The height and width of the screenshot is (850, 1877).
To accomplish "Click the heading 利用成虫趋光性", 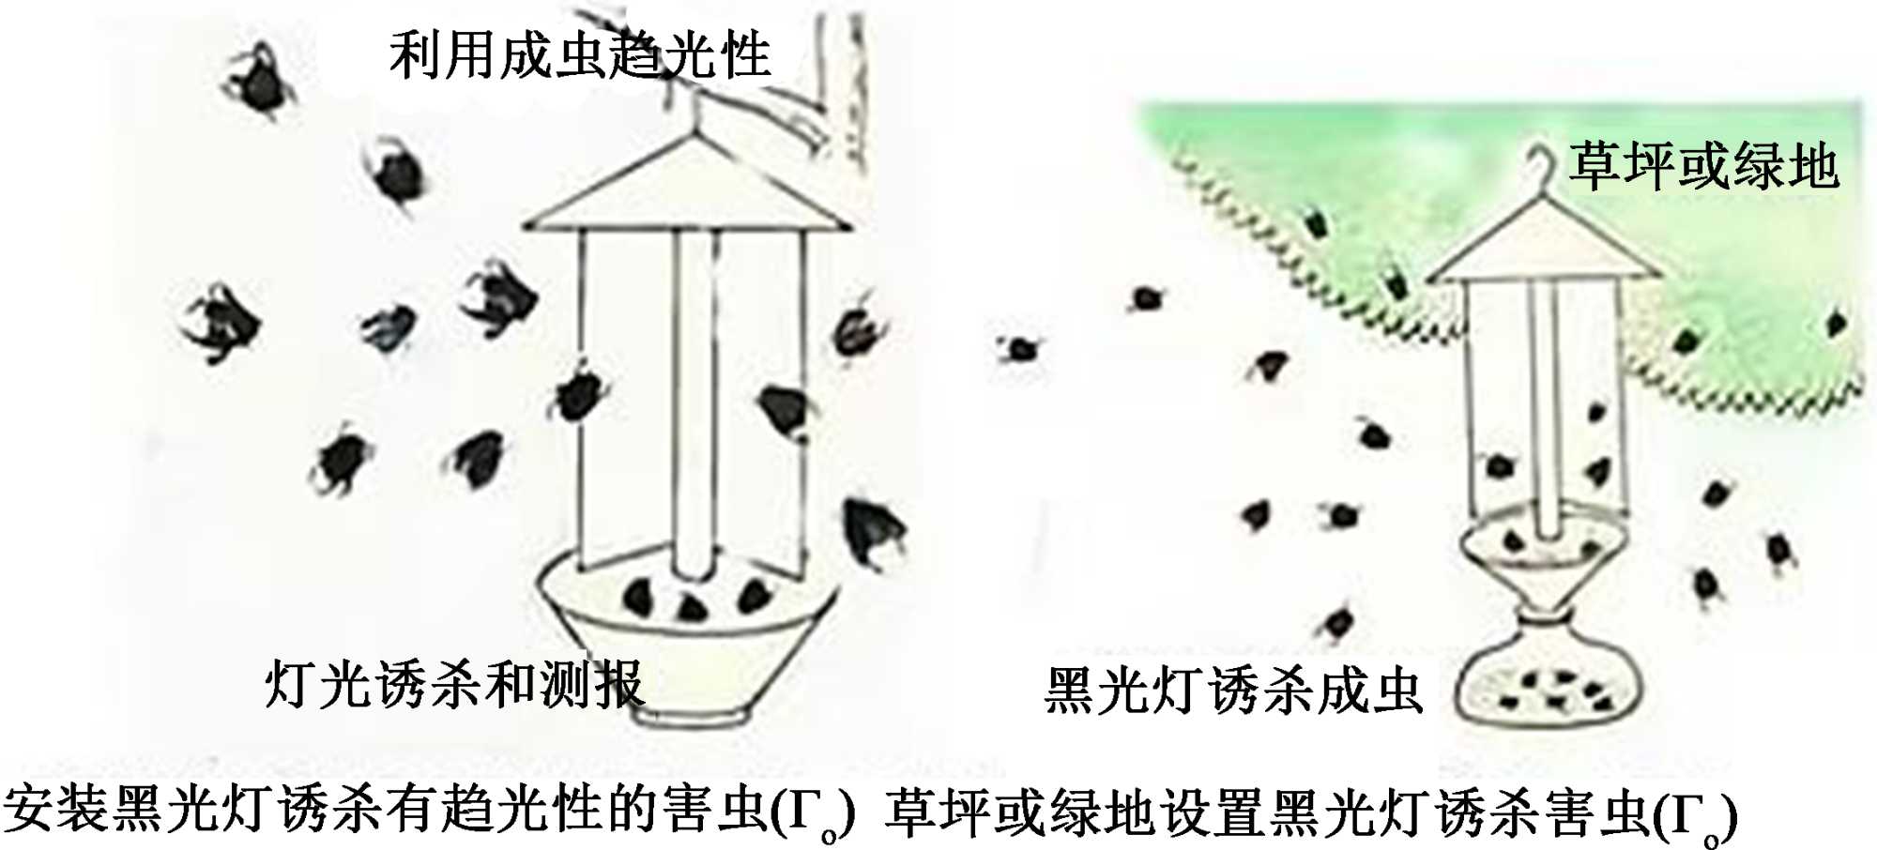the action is click(579, 54).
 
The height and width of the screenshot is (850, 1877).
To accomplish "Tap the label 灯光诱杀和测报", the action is click(454, 684).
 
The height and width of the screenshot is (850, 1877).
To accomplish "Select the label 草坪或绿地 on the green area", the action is click(1702, 166).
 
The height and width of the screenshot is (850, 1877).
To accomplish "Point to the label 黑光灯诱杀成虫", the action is click(1233, 691).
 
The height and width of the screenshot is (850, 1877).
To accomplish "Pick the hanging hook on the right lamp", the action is click(1540, 169).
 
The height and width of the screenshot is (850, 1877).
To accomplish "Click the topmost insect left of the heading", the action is click(258, 80).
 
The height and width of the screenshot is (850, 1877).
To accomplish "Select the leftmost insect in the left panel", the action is click(221, 324).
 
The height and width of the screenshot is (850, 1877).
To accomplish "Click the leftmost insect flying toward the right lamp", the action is click(1018, 349).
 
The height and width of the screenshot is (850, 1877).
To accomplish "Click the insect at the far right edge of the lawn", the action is click(1836, 325).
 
